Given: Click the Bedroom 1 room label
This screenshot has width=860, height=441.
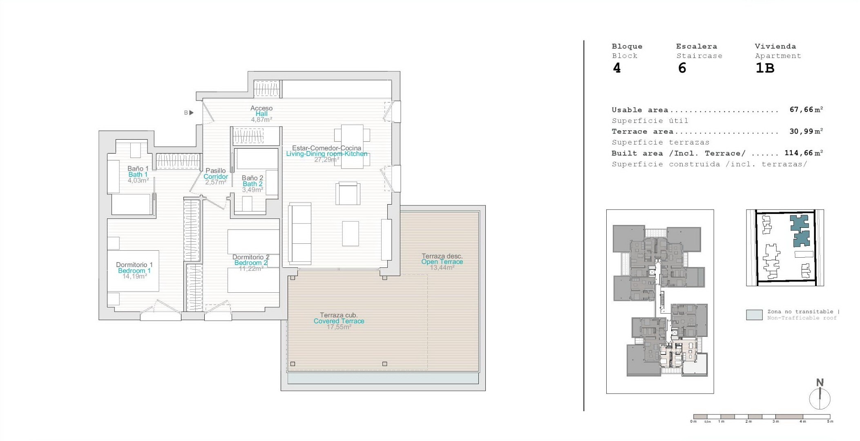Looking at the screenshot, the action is pyautogui.click(x=134, y=271).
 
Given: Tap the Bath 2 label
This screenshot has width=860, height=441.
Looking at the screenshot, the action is pyautogui.click(x=252, y=184).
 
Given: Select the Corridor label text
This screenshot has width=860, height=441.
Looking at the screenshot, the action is pyautogui.click(x=216, y=176).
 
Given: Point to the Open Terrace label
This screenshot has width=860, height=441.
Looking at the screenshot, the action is pyautogui.click(x=442, y=262).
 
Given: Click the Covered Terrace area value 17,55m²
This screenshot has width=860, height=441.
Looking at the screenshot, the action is pyautogui.click(x=339, y=327).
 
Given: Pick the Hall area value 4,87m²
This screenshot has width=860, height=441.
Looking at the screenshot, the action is pyautogui.click(x=261, y=120).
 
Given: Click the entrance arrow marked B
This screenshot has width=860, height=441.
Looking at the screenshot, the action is pyautogui.click(x=191, y=113).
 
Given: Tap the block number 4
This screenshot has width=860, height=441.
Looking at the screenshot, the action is pyautogui.click(x=617, y=68).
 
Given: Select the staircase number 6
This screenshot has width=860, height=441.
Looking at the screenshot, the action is pyautogui.click(x=682, y=68).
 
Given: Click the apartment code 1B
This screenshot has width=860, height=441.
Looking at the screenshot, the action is pyautogui.click(x=765, y=68).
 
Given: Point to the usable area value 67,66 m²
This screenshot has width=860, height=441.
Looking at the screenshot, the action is pyautogui.click(x=806, y=109).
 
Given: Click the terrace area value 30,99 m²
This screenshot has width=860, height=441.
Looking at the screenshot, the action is pyautogui.click(x=806, y=131).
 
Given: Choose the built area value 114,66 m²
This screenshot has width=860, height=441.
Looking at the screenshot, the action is pyautogui.click(x=804, y=153).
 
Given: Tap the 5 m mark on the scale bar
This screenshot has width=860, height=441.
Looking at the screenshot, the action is pyautogui.click(x=830, y=421).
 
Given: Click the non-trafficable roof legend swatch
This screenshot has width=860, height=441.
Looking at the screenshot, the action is pyautogui.click(x=754, y=315).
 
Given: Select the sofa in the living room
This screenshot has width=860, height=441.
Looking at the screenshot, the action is pyautogui.click(x=300, y=233).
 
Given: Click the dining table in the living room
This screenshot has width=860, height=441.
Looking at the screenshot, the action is pyautogui.click(x=352, y=147).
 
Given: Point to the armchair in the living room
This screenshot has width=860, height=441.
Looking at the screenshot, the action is pyautogui.click(x=348, y=194).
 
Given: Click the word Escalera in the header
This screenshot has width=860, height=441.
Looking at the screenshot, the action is pyautogui.click(x=697, y=46).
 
